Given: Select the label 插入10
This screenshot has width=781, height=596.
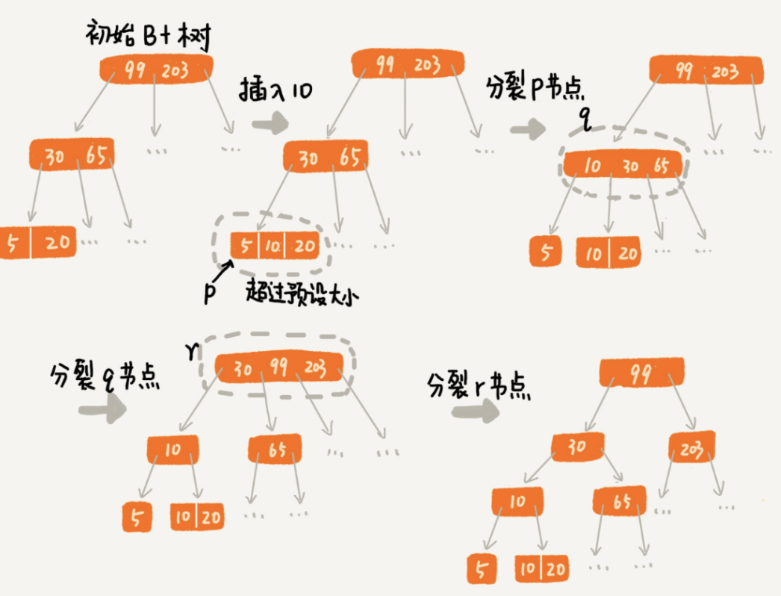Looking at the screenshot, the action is [275, 91].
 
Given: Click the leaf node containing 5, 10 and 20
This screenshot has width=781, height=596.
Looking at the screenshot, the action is [274, 246].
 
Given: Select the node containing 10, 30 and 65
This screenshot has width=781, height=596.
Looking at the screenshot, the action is [622, 166].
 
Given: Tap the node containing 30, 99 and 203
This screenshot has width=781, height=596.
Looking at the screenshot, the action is [278, 367].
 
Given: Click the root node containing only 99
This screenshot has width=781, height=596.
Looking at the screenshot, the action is [641, 373].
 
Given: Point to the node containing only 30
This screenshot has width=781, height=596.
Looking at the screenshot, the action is [577, 447].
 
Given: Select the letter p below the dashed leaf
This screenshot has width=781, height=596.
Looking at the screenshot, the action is [211, 294].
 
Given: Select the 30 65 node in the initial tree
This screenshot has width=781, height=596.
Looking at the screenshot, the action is [72, 155].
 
